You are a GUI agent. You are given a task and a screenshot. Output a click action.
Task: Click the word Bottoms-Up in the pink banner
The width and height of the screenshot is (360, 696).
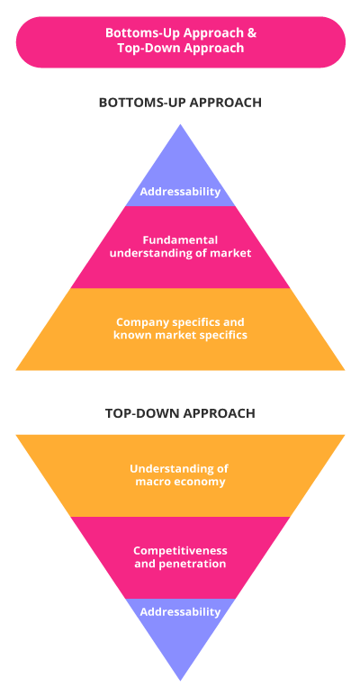tap(130, 33)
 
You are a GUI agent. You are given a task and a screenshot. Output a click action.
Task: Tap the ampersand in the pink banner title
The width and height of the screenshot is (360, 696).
tap(253, 33)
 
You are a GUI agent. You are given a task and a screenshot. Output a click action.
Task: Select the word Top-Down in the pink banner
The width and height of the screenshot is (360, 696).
tap(139, 48)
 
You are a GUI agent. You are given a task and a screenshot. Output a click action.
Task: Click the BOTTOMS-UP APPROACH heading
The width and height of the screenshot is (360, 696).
tap(180, 103)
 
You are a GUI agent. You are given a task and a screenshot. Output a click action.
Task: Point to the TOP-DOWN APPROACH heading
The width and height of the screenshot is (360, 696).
tap(180, 413)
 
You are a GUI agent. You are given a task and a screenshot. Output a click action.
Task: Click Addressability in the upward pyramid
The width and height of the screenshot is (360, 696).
tap(180, 192)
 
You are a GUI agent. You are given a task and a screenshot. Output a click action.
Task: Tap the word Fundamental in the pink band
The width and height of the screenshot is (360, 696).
tap(180, 240)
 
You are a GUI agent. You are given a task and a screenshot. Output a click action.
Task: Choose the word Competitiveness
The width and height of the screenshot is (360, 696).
tap(180, 550)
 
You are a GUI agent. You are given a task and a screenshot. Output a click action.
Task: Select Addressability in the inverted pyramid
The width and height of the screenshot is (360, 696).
tap(180, 611)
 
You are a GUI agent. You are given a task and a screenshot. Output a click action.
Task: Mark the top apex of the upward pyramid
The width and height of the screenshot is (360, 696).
tap(180, 124)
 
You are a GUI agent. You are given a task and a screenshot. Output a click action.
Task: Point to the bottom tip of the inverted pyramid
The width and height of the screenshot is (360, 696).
tap(180, 680)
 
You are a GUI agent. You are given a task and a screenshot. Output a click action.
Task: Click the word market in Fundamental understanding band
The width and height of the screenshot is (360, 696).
tap(234, 253)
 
